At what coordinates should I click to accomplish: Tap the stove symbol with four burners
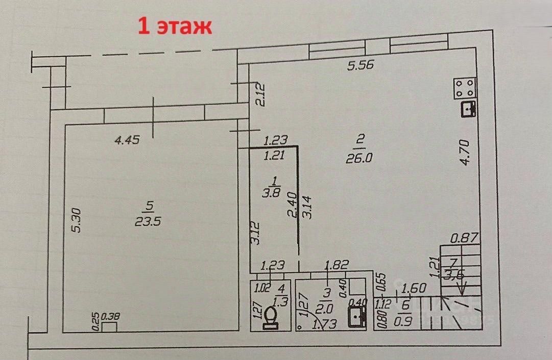click(466, 88)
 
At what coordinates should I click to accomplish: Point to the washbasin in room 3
click(357, 317)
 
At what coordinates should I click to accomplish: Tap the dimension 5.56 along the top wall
click(361, 65)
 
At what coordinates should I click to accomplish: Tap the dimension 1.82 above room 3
click(337, 265)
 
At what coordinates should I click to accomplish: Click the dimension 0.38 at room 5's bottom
click(111, 317)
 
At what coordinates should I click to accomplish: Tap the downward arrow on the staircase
click(462, 290)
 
